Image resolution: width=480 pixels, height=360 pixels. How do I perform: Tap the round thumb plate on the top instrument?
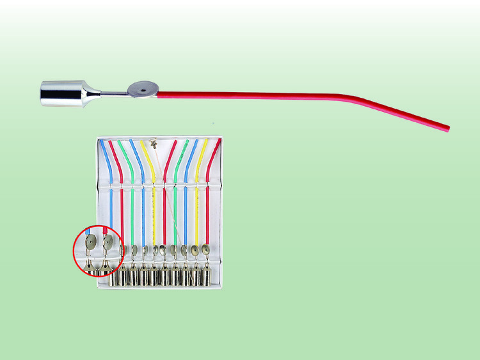click(142, 90)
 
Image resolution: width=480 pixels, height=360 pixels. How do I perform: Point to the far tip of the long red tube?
click(447, 129)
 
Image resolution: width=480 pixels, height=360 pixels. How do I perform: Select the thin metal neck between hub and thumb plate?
click(113, 95)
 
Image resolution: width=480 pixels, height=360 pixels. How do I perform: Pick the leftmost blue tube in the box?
click(110, 192)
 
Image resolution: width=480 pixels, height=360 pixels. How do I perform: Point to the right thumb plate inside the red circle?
click(108, 242)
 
